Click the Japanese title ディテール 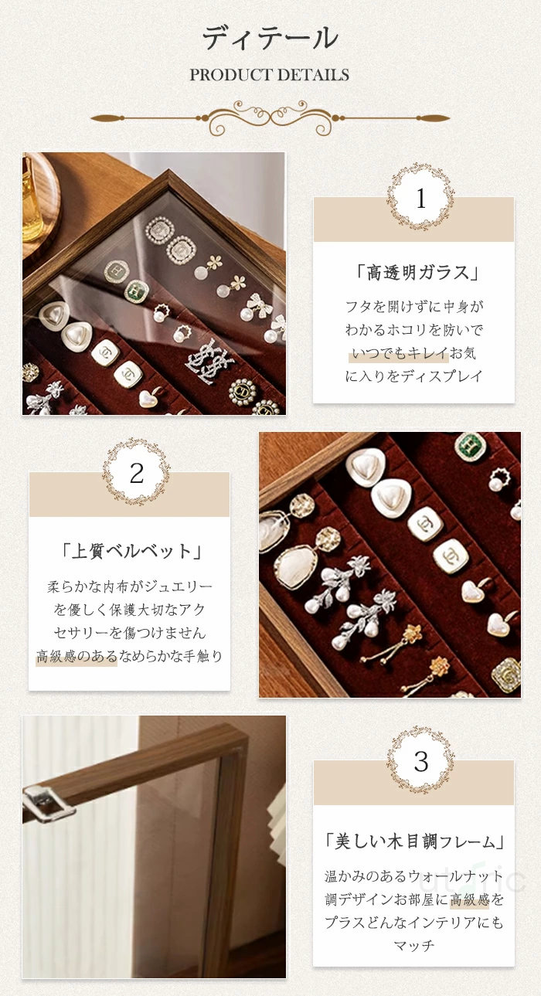[270, 38]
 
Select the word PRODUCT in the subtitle [226, 75]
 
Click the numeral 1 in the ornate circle [421, 199]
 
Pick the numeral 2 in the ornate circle [137, 473]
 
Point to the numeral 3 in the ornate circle [421, 761]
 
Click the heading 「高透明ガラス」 [418, 272]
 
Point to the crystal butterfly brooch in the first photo [210, 362]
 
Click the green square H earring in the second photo [470, 446]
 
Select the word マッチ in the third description [413, 945]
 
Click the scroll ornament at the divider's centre [270, 117]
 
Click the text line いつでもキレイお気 [413, 353]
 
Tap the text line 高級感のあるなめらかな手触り [130, 655]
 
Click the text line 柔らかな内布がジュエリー [130, 586]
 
